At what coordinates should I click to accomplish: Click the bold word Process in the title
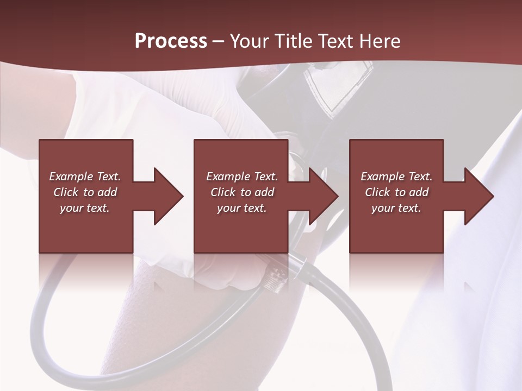click(x=171, y=41)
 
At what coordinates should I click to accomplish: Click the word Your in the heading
click(x=250, y=41)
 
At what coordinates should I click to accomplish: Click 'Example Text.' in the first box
click(x=85, y=176)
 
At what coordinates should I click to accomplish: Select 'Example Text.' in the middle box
click(x=241, y=176)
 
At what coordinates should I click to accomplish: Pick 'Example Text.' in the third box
click(x=396, y=176)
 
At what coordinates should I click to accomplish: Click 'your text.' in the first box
click(x=85, y=208)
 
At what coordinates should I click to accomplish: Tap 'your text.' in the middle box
click(x=241, y=208)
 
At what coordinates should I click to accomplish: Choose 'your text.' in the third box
click(x=396, y=208)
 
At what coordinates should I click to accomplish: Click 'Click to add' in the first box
click(x=85, y=192)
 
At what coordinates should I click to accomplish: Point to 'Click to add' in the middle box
click(x=241, y=192)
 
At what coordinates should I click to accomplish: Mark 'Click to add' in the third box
click(x=396, y=192)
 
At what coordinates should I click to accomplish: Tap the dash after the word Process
click(x=218, y=42)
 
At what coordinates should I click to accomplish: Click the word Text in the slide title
click(x=332, y=41)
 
